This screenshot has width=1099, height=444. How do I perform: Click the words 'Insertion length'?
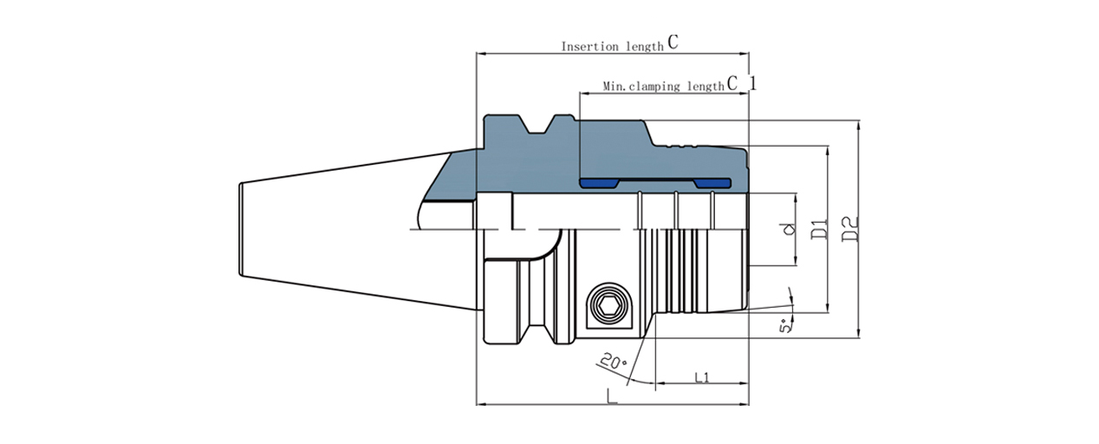(613, 46)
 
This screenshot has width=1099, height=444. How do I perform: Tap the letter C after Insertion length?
(673, 42)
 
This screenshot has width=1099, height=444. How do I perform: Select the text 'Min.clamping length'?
(663, 87)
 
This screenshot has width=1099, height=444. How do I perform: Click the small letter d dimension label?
(788, 230)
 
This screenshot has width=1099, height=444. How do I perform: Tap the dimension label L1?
(702, 376)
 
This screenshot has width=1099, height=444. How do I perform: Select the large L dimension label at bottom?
(612, 397)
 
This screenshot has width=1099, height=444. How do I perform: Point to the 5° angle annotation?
(785, 327)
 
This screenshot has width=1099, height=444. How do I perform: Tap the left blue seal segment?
(597, 184)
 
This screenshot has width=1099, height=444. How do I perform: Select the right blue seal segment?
(712, 184)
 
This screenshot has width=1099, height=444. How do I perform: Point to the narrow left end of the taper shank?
(241, 229)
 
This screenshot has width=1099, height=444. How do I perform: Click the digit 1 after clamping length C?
(752, 84)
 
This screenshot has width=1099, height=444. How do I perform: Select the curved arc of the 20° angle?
(637, 378)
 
